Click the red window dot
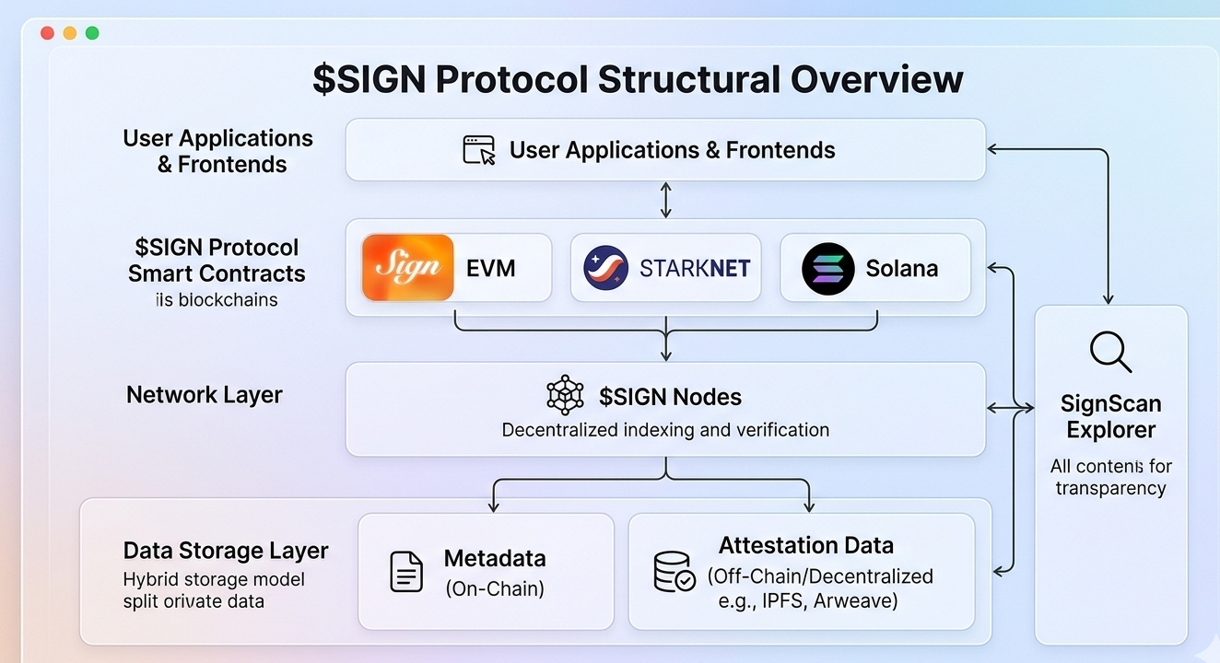(x=48, y=33)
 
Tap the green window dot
(x=92, y=33)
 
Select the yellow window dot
(x=70, y=33)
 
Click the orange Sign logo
(x=408, y=267)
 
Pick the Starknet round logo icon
(x=606, y=268)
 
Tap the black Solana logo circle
(x=827, y=268)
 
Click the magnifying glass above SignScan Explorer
(x=1109, y=352)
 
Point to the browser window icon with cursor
(x=479, y=150)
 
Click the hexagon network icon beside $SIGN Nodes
(x=565, y=396)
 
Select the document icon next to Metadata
(x=406, y=571)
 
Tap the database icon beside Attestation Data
(x=674, y=571)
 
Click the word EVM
(x=491, y=269)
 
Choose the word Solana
(x=901, y=269)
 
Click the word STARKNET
(x=695, y=269)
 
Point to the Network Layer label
(x=205, y=395)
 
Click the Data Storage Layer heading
(x=226, y=551)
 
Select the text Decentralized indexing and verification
(x=665, y=430)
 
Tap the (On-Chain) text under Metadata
(x=495, y=588)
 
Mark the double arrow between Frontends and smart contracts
(x=665, y=200)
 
